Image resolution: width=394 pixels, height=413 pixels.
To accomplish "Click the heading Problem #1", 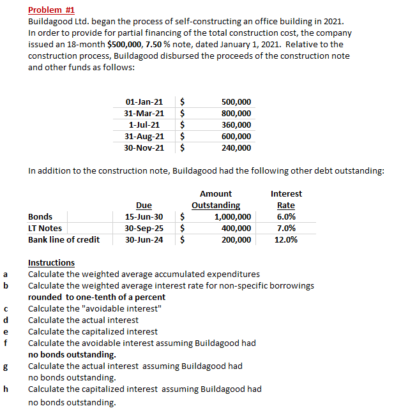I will pyautogui.click(x=52, y=10).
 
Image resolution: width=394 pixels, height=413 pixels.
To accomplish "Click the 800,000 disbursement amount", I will pyautogui.click(x=236, y=114).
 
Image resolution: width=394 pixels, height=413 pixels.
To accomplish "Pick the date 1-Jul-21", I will pyautogui.click(x=144, y=125).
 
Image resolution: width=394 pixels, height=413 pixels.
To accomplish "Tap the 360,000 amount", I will pyautogui.click(x=236, y=125).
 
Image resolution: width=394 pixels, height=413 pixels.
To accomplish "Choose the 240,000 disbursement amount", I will pyautogui.click(x=236, y=148).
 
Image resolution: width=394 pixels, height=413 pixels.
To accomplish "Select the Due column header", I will pyautogui.click(x=144, y=206).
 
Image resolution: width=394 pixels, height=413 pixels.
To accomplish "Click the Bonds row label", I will pyautogui.click(x=40, y=217).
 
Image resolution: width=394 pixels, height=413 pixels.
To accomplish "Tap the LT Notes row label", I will pyautogui.click(x=45, y=229).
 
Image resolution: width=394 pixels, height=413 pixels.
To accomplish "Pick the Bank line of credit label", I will pyautogui.click(x=64, y=240).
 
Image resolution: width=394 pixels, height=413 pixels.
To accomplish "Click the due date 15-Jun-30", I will pyautogui.click(x=144, y=217).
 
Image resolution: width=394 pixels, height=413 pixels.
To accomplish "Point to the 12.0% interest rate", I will pyautogui.click(x=286, y=240).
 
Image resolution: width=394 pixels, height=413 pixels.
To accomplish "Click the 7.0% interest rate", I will pyautogui.click(x=286, y=229).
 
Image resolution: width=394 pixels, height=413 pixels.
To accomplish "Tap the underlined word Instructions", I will pyautogui.click(x=51, y=263).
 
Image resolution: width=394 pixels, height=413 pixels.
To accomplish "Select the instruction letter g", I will pyautogui.click(x=6, y=366).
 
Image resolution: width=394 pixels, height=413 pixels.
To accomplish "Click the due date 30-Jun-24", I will pyautogui.click(x=144, y=240).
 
